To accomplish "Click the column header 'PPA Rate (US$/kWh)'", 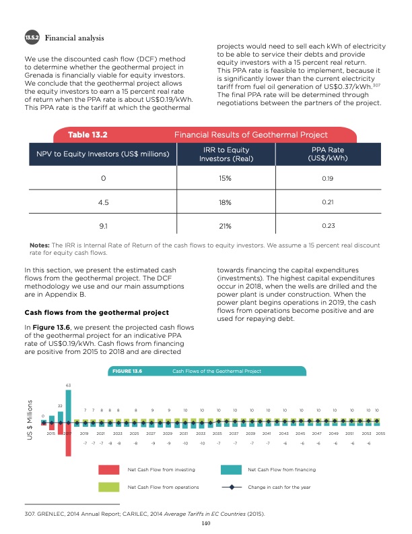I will tap(328, 154).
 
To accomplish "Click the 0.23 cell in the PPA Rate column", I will tap(328, 225).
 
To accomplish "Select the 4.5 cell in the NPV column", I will tap(104, 202).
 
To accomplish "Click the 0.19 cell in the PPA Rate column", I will tap(328, 178).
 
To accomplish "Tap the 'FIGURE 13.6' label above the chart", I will tap(127, 371).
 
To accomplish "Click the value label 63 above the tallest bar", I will tap(68, 385).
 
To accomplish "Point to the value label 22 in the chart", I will tap(60, 405).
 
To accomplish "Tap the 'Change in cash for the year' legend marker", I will tap(232, 487).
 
